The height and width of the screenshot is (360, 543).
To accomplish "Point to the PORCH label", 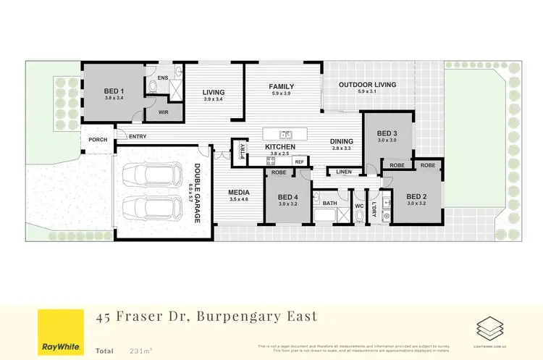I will (x=98, y=140).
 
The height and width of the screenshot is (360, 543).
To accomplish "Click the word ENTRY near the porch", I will (x=138, y=137).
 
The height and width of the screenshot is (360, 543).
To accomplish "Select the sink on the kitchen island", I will (x=286, y=134).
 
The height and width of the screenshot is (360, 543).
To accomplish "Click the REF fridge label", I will (x=298, y=162).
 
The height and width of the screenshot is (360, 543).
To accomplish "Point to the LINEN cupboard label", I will (x=343, y=172).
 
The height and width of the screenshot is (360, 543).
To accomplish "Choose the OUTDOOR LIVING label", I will (x=367, y=85).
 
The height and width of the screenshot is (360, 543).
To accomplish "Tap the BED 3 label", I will (x=387, y=133).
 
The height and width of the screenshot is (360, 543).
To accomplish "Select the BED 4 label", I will (x=287, y=197).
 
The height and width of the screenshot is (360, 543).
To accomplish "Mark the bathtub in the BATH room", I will (x=330, y=215).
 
